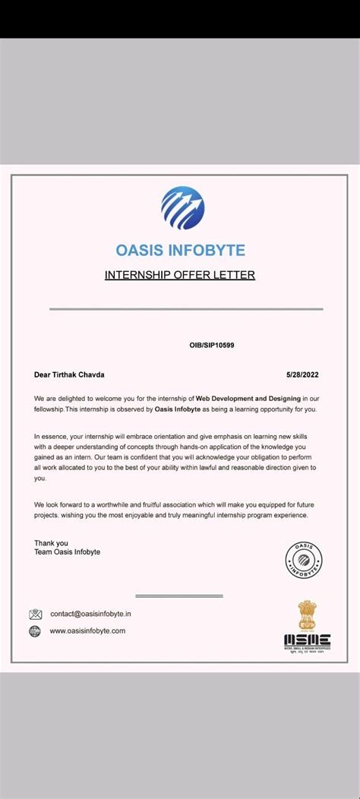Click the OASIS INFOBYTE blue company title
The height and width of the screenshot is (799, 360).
pos(180,250)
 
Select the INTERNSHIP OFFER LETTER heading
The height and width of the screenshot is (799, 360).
pos(180,275)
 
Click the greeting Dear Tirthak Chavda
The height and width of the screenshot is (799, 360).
pos(69,374)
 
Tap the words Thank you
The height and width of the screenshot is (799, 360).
pos(51,543)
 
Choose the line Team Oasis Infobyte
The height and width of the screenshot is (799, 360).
pos(67,552)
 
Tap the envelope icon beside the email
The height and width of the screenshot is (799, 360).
pos(35,614)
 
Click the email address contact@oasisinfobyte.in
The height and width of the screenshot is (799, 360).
pos(91,614)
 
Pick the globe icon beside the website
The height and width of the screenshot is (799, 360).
pos(35,631)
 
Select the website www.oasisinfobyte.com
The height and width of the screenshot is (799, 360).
pos(87,631)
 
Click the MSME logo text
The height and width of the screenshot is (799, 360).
pos(307,640)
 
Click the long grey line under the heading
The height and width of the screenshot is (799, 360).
pos(186,309)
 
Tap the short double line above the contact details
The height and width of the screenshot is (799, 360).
pos(178,596)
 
